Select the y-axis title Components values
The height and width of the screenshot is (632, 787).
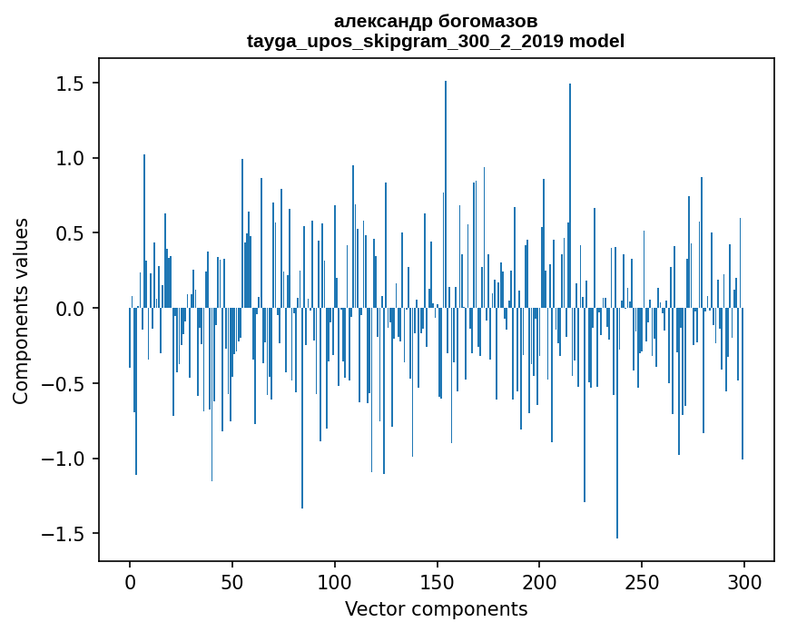(21, 311)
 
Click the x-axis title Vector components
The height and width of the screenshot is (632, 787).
(436, 608)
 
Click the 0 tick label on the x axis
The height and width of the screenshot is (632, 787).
(130, 580)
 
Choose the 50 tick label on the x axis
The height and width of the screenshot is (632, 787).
(232, 580)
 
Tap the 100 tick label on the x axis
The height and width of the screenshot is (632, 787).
(335, 580)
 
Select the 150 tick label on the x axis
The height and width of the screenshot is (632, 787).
(437, 580)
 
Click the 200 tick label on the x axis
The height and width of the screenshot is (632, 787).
(539, 580)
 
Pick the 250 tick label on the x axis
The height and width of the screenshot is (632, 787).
(642, 580)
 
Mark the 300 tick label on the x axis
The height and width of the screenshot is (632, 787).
(744, 580)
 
